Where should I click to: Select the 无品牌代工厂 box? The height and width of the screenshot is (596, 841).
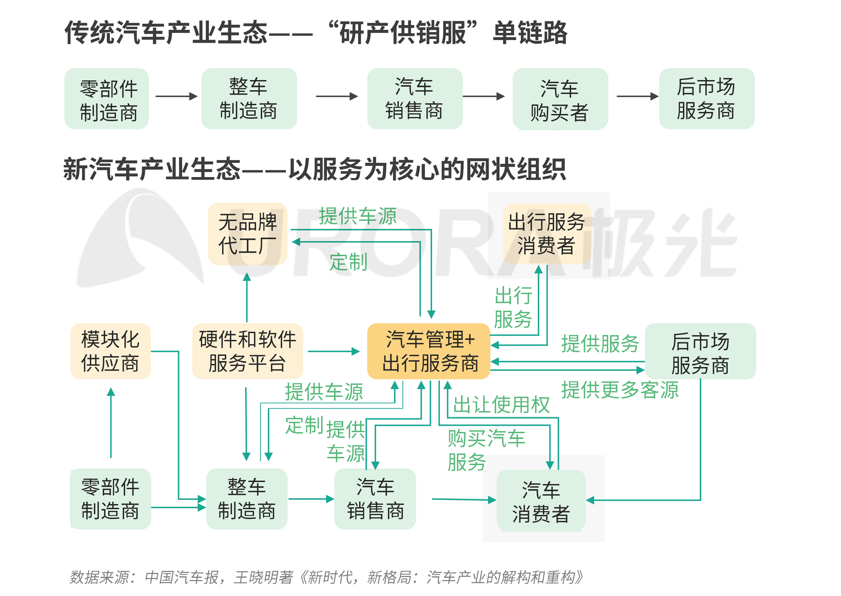coord(248,234)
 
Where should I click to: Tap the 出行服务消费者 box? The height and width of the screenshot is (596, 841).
coord(546,234)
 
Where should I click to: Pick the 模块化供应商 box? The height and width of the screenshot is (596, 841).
coord(111,351)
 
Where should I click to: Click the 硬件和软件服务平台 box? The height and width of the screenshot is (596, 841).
coord(248,351)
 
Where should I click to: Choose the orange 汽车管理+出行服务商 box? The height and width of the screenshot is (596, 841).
coord(429,351)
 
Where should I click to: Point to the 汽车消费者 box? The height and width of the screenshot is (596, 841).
coord(541,501)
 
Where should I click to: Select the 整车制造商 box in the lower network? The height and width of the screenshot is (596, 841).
coord(247,499)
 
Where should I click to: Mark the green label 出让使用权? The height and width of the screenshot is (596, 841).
coord(501,405)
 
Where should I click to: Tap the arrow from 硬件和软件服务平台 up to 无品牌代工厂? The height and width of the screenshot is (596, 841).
coord(247,298)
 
